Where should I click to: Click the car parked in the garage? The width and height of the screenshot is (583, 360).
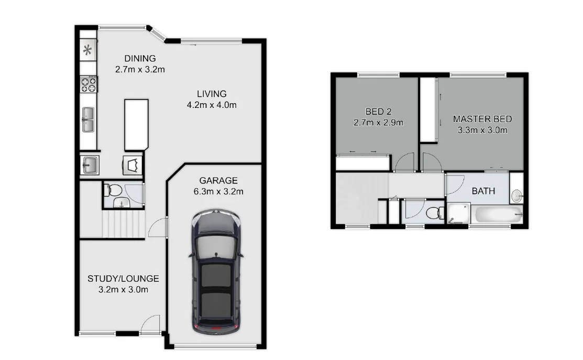(216, 272)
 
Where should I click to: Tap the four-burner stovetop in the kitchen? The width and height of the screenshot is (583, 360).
(89, 84)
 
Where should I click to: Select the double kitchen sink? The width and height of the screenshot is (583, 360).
(88, 119)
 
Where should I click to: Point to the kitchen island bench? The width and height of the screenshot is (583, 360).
(137, 125)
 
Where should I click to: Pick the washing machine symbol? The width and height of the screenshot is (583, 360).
(133, 165)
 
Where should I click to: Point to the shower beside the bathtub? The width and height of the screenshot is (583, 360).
(459, 213)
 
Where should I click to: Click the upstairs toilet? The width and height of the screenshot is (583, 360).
(435, 213)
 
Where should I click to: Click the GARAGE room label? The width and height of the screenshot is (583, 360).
(218, 180)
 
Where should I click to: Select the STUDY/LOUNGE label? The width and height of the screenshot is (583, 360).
(123, 279)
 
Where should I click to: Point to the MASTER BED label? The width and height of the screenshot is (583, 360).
(482, 119)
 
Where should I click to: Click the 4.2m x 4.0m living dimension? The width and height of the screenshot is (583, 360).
(212, 105)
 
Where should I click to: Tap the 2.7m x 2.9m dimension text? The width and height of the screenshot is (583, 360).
(378, 122)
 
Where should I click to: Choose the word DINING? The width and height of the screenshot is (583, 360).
(140, 58)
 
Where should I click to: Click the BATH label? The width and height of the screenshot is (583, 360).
(483, 191)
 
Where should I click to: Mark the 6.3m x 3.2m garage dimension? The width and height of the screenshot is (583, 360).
(218, 192)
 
